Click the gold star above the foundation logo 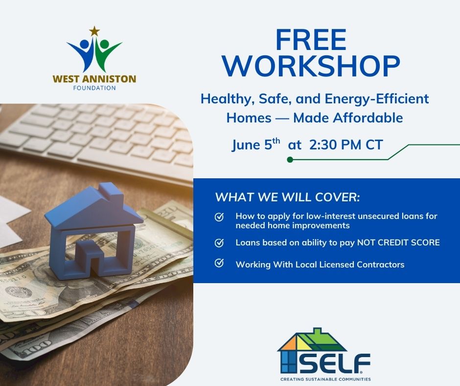pyautogui.click(x=94, y=31)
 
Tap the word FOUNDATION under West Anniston pyautogui.click(x=95, y=89)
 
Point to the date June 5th pyautogui.click(x=256, y=145)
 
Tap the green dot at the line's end pyautogui.click(x=290, y=159)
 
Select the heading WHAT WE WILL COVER pyautogui.click(x=287, y=198)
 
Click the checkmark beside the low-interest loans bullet pyautogui.click(x=219, y=217)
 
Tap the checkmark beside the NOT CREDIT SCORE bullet pyautogui.click(x=219, y=242)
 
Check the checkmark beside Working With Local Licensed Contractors pyautogui.click(x=219, y=264)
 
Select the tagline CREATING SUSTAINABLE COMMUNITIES pyautogui.click(x=325, y=379)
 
